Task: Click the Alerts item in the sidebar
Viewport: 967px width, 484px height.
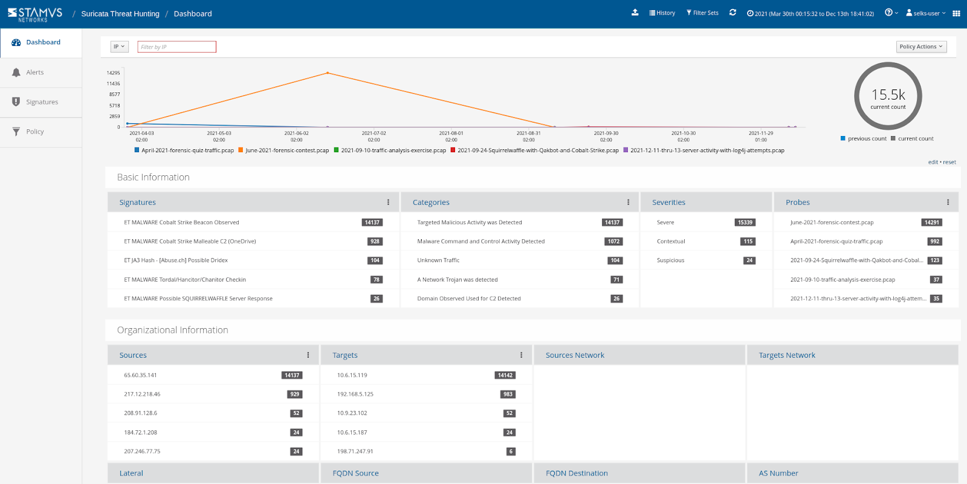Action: (35, 73)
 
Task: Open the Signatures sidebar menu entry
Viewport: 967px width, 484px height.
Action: (42, 102)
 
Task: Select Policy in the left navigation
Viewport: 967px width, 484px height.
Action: (34, 132)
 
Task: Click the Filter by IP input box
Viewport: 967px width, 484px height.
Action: (177, 47)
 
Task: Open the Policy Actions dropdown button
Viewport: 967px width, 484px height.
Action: (920, 47)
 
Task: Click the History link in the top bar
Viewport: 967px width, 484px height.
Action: (662, 13)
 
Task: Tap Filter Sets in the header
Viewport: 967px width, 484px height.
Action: (703, 13)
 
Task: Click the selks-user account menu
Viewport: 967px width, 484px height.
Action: (926, 13)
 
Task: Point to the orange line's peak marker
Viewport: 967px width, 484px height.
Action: (328, 73)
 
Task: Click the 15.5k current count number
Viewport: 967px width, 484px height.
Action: (888, 95)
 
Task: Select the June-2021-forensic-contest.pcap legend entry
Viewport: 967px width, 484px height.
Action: (287, 150)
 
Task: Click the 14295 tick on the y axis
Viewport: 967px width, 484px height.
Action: (114, 73)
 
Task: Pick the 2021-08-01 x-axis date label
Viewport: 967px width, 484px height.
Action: (451, 133)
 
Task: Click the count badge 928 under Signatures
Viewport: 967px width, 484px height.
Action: (375, 241)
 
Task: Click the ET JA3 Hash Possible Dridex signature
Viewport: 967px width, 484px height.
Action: (176, 260)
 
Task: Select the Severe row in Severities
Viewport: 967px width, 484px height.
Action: (665, 222)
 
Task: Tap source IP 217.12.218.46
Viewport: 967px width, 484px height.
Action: (142, 394)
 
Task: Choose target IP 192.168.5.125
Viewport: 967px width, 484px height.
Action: (355, 394)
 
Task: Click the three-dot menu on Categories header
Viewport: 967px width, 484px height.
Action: (628, 202)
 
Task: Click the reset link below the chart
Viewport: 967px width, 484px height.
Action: (949, 162)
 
